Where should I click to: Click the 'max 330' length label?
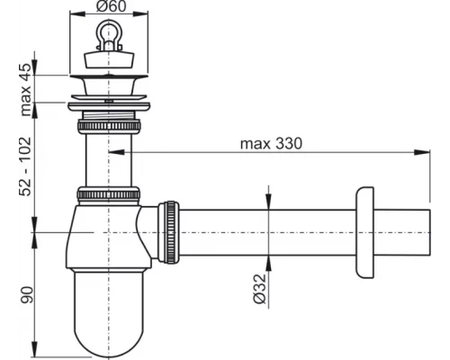[x=271, y=142]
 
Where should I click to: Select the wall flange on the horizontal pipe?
[x=364, y=233]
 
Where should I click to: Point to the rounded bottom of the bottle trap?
[x=108, y=333]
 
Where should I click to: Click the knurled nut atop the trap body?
[x=108, y=194]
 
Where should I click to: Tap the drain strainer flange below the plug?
[x=108, y=87]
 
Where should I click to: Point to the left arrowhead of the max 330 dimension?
[x=113, y=153]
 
